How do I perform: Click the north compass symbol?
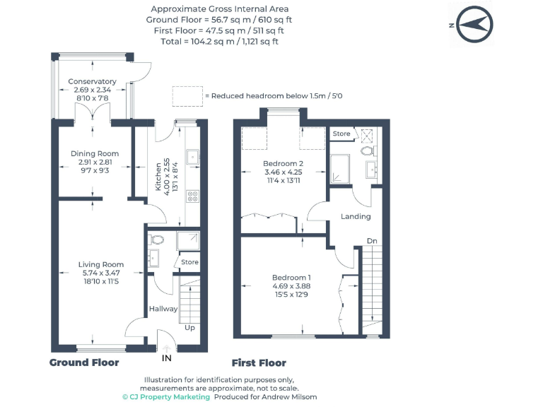coord(473,24)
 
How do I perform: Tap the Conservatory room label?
coord(92,81)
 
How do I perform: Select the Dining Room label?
coord(95,153)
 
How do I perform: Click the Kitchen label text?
coord(158,176)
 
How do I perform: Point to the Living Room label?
coord(100,265)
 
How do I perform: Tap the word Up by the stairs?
coord(190,328)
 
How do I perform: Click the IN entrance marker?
coord(167,358)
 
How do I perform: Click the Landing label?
coord(356,216)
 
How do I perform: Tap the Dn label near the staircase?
coord(372,241)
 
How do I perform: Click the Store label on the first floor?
coord(341,134)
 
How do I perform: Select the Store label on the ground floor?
coord(189,262)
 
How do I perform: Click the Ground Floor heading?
coord(84,362)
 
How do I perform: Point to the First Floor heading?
coord(259,362)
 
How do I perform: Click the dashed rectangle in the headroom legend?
coord(187,95)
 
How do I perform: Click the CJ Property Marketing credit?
coord(166,397)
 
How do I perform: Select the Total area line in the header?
coord(220,41)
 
